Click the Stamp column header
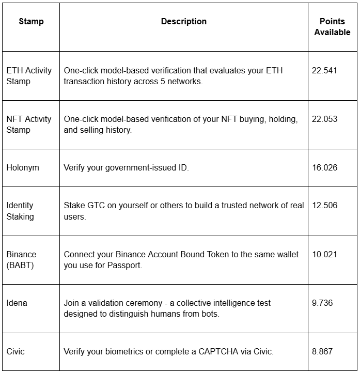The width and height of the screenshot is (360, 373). click(31, 21)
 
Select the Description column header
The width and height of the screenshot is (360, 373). click(183, 21)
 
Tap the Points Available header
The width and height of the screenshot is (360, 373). click(332, 27)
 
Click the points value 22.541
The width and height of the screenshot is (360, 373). click(324, 70)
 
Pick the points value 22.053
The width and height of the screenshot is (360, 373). click(324, 119)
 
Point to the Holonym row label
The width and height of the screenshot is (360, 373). click(23, 167)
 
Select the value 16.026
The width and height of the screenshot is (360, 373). click(324, 167)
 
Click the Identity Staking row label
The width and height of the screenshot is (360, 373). click(21, 211)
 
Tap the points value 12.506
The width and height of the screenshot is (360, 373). click(324, 205)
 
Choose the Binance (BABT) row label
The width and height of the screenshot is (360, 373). click(22, 260)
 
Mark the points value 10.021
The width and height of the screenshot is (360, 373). click(324, 254)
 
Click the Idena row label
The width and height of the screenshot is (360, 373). click(17, 303)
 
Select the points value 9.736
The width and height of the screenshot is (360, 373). click(322, 303)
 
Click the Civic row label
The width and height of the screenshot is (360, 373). click(15, 351)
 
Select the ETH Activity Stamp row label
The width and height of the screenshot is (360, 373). click(29, 75)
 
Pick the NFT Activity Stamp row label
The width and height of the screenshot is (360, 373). click(29, 124)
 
